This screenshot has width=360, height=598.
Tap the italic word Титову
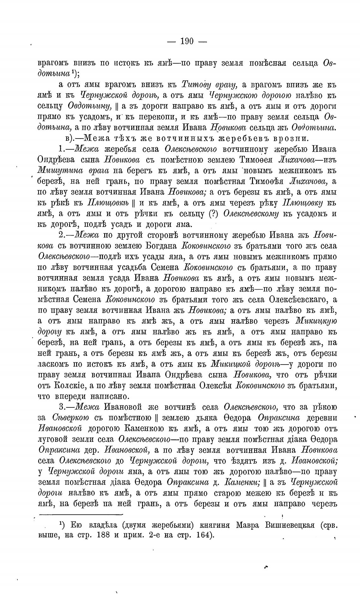[x=194, y=85]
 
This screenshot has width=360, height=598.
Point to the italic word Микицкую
[x=316, y=321]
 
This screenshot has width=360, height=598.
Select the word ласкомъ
[x=52, y=364]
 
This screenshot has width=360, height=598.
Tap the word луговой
[x=52, y=439]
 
